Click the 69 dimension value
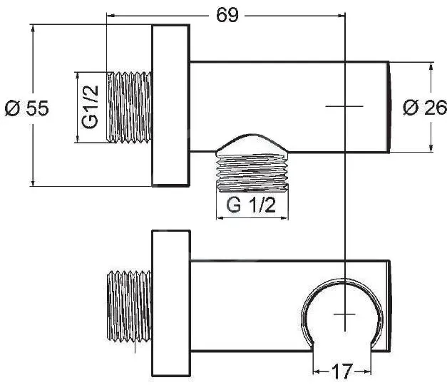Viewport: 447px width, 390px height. [x=227, y=15]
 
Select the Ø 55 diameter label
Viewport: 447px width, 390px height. [x=27, y=108]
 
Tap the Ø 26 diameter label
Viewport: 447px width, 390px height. [x=425, y=107]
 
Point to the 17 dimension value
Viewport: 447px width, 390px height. [x=342, y=371]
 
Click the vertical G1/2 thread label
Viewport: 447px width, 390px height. [x=90, y=107]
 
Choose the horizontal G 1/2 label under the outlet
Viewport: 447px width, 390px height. [x=251, y=205]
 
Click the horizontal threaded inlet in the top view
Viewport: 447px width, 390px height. [x=130, y=107]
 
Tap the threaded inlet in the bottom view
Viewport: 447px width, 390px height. [x=130, y=306]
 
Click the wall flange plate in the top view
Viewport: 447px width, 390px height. [x=171, y=106]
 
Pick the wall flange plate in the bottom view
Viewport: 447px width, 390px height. [x=171, y=303]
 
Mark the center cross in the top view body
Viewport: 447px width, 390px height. [x=344, y=106]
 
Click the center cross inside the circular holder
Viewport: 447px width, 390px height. [x=344, y=314]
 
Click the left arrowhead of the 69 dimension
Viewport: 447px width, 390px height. [x=110, y=15]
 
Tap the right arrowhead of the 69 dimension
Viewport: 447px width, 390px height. [x=341, y=15]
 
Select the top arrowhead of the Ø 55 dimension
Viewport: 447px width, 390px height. [x=34, y=29]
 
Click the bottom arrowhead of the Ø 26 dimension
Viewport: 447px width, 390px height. [x=431, y=148]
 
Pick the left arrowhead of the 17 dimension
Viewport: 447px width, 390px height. [x=317, y=371]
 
